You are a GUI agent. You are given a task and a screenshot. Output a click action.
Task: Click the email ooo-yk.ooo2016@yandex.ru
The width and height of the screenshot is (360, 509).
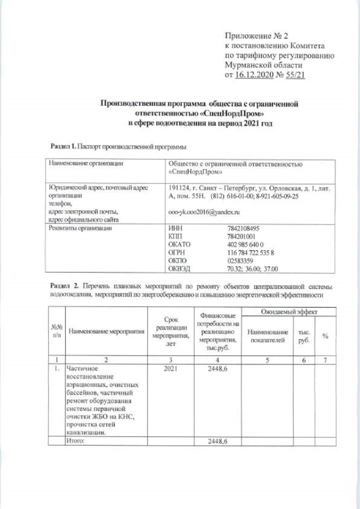point(204,213)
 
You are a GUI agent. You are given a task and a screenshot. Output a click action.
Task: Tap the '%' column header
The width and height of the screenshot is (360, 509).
point(325,336)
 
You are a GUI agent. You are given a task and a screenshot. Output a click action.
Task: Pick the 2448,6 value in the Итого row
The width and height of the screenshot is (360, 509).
point(217,442)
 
